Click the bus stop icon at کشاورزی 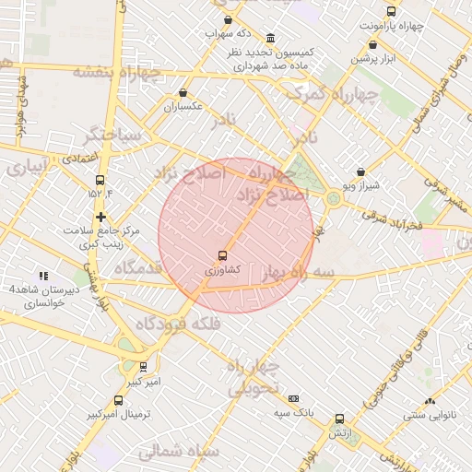(222, 255)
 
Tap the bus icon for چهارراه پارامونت (391, 12)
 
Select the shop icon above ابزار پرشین (360, 43)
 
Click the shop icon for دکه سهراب (227, 19)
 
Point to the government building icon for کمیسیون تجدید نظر (269, 39)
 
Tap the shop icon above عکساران (183, 92)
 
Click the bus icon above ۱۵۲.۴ (100, 180)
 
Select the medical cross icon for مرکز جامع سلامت (100, 217)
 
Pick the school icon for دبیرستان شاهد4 (42, 276)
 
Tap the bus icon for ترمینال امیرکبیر (118, 400)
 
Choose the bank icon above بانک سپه (294, 398)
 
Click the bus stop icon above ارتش (339, 419)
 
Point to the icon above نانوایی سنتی (430, 401)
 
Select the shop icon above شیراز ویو (360, 171)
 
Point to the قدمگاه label (138, 267)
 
